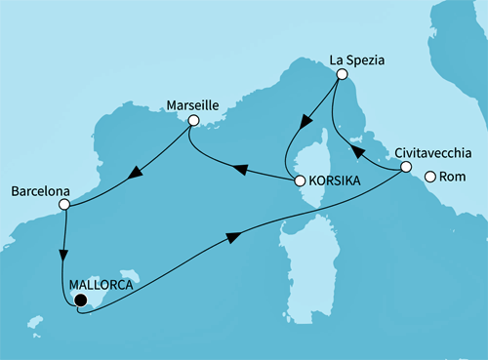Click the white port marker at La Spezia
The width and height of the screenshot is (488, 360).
(x=341, y=73)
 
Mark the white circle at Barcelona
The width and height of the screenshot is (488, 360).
(x=63, y=205)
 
